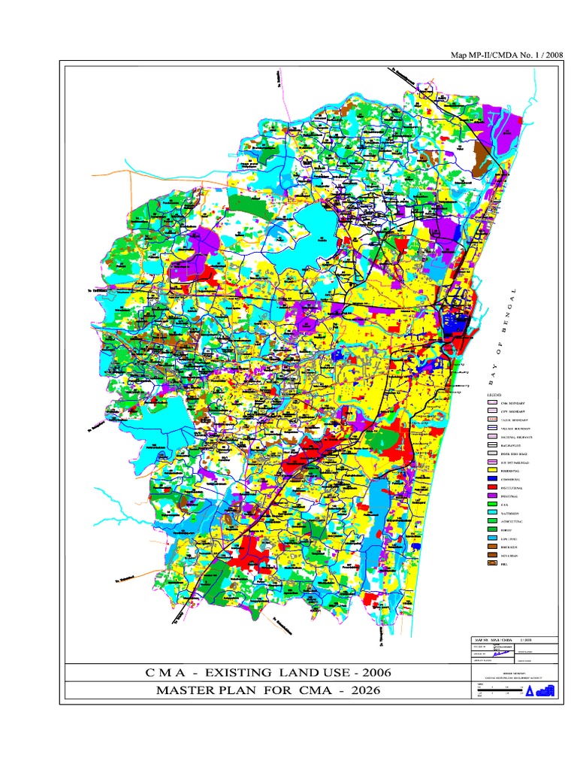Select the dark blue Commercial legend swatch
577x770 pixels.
pos(493,478)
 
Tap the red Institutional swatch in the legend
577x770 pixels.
pos(493,487)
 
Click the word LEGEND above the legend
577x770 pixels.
pos(494,395)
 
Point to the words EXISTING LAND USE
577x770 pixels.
pos(256,671)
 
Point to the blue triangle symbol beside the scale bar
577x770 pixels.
pos(529,691)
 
